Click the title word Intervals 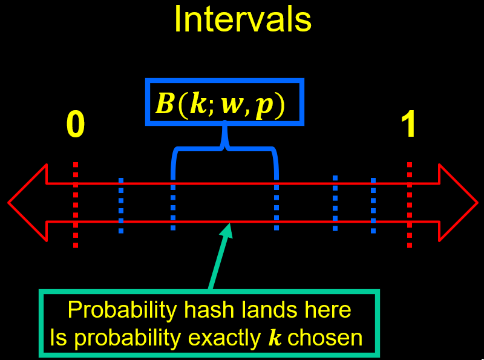pyautogui.click(x=243, y=19)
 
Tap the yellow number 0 pyautogui.click(x=76, y=125)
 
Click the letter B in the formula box pyautogui.click(x=165, y=103)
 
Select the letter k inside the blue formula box pyautogui.click(x=198, y=103)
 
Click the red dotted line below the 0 pyautogui.click(x=76, y=205)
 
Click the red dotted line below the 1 pyautogui.click(x=410, y=205)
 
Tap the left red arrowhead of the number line pyautogui.click(x=28, y=203)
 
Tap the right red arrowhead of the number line pyautogui.click(x=458, y=203)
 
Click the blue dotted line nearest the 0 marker pyautogui.click(x=121, y=205)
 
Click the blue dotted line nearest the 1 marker pyautogui.click(x=373, y=205)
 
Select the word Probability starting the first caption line pyautogui.click(x=122, y=310)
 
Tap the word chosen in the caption pyautogui.click(x=325, y=338)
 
